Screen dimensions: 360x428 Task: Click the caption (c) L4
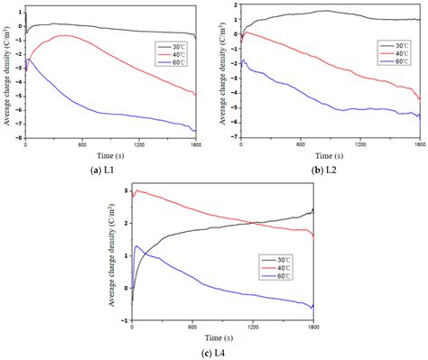point(213,350)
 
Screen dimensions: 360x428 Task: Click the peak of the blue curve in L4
point(138,245)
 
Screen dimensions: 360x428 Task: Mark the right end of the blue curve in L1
point(194,130)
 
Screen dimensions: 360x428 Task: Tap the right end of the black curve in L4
point(313,209)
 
